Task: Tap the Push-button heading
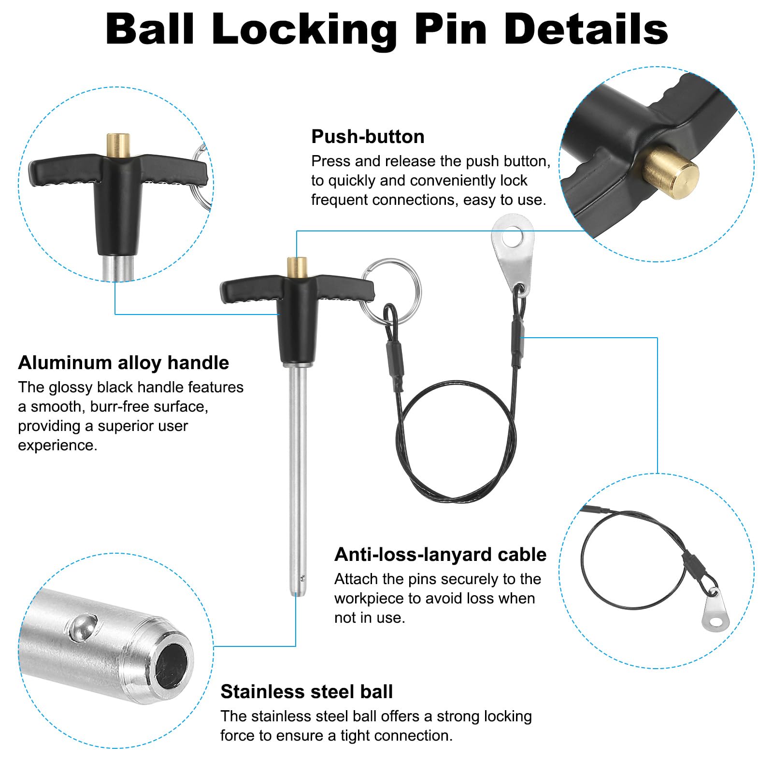click(x=368, y=137)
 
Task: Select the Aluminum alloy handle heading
click(x=124, y=363)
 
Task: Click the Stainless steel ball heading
click(x=307, y=692)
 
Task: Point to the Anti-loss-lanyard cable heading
click(x=440, y=555)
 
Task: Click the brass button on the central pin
click(x=298, y=267)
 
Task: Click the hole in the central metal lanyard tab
click(x=513, y=238)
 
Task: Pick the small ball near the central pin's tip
click(x=302, y=577)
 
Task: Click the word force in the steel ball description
click(x=238, y=735)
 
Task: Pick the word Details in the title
click(x=586, y=30)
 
